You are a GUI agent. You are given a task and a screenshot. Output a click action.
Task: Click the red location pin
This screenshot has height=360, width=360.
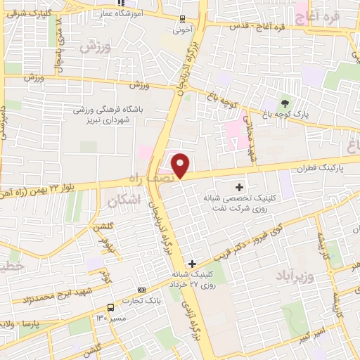tap(181, 165)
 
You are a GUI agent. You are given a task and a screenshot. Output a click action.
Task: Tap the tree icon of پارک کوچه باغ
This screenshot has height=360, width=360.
tap(285, 103)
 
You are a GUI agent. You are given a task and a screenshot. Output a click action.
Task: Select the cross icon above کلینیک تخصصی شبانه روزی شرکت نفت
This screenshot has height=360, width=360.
tap(239, 187)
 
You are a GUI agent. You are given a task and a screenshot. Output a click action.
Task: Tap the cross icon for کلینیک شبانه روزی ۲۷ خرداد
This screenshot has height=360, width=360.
tap(193, 264)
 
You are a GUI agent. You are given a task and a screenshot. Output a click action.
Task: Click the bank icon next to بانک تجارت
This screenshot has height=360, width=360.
tap(142, 290)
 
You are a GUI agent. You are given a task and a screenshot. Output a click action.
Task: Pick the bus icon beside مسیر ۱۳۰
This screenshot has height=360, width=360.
tap(110, 307)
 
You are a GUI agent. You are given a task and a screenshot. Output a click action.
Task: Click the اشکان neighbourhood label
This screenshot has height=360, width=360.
tap(125, 200)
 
